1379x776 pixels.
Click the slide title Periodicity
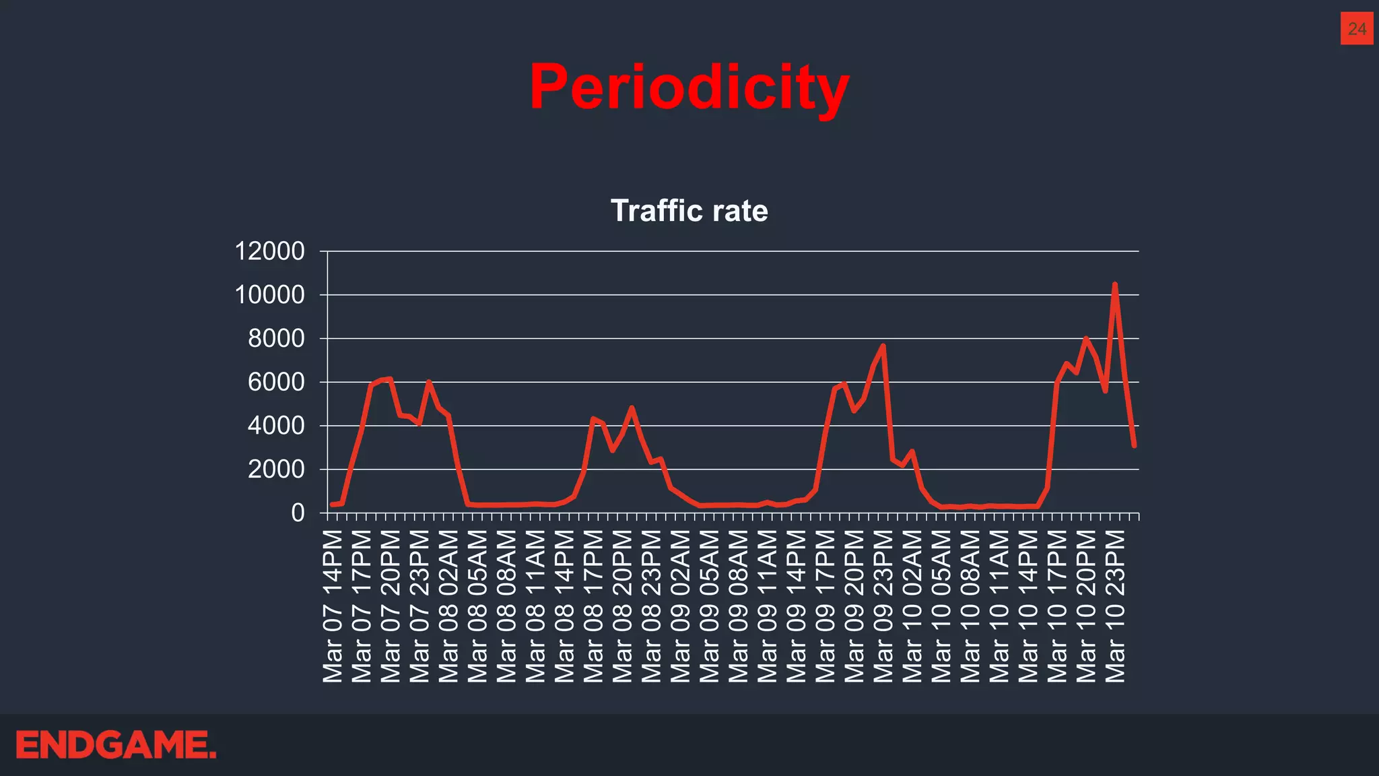tap(689, 88)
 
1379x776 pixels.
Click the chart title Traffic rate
tap(689, 211)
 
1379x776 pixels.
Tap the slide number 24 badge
tap(1356, 29)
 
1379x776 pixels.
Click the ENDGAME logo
tap(116, 745)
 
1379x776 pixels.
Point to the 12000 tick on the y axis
tap(269, 251)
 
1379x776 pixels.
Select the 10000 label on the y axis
tap(269, 295)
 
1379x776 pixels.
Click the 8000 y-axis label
tap(276, 338)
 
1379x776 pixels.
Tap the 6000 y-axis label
tap(276, 382)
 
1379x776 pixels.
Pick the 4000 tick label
tap(276, 426)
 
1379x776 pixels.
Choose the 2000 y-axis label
tap(276, 470)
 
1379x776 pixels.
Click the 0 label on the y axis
tap(298, 513)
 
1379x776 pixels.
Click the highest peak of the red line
tap(1114, 284)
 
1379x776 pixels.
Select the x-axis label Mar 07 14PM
tap(333, 606)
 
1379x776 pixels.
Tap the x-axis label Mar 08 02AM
tap(449, 606)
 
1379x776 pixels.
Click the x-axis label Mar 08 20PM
tap(623, 606)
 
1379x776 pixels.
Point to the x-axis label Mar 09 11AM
tap(768, 606)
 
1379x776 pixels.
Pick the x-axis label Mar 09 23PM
tap(883, 606)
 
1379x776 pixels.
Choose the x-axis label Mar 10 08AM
tap(970, 606)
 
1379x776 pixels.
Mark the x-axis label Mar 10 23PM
tap(1115, 606)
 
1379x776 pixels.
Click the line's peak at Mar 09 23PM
tap(883, 346)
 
